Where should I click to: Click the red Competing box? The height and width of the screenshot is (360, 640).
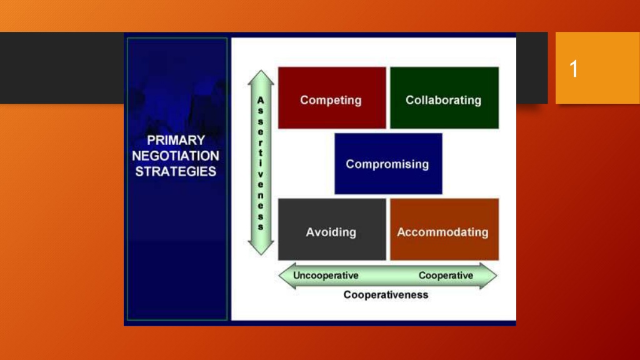(332, 98)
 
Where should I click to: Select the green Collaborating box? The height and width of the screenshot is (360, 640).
(444, 98)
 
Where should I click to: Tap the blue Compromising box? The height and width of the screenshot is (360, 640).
(388, 164)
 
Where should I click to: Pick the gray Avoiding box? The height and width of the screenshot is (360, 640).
(332, 229)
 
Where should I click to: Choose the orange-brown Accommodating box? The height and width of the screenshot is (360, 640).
(444, 229)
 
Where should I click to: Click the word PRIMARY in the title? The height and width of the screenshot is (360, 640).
(176, 141)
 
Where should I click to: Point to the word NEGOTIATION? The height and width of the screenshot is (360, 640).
(176, 156)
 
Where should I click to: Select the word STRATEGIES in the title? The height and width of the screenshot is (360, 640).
(176, 171)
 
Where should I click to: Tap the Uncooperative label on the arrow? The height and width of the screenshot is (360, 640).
(326, 276)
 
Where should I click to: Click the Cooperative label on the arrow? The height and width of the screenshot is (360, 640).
(446, 276)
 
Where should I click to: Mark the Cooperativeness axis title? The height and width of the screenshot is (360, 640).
(386, 295)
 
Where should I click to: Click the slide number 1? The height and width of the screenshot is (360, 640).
(574, 69)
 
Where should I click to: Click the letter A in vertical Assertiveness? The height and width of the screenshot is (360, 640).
(261, 101)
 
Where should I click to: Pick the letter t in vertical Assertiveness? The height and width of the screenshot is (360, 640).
(261, 152)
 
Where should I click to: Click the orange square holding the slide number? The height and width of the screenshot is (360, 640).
(597, 67)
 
